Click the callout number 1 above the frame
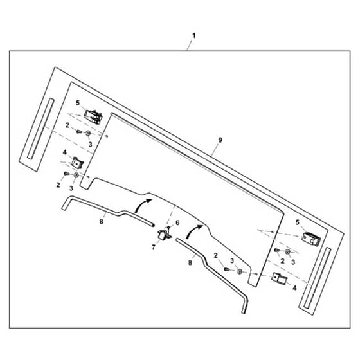pos(194,36)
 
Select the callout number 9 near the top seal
pos(220,140)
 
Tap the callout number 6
pos(177,222)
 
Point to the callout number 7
pos(154,247)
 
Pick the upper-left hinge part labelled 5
pos(93,117)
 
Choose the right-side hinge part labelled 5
pos(311,239)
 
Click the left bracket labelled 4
pos(78,163)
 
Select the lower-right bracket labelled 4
pos(280,278)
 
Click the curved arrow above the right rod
pos(194,231)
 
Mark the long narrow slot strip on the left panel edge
pos(41,129)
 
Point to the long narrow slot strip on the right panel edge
pos(318,278)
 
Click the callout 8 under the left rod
pos(102,222)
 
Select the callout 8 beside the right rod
pos(190,262)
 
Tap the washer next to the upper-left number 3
pos(88,133)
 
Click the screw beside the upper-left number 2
pos(79,132)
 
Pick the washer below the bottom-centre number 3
pos(239,271)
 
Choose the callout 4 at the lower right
pos(294,288)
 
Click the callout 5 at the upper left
pos(78,103)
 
